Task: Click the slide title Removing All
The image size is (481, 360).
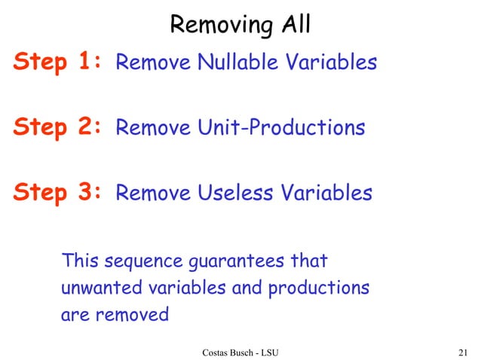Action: [x=240, y=25]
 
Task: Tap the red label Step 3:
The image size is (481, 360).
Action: [x=57, y=193]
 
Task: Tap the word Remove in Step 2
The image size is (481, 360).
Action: [x=152, y=128]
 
